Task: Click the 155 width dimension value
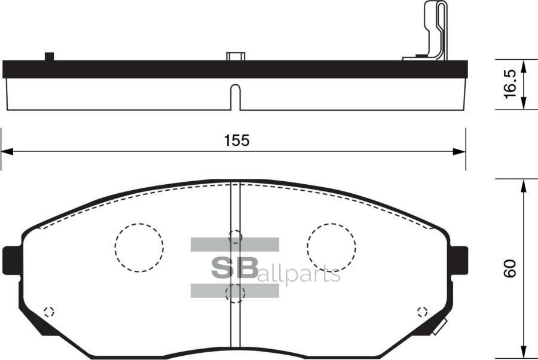[x=236, y=141]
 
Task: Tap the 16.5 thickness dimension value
[x=509, y=84]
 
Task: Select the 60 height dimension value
[x=509, y=269]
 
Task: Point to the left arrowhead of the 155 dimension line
[x=6, y=152]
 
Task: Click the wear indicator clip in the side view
[x=434, y=30]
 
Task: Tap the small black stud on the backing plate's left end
[x=49, y=56]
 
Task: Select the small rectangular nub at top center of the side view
[x=236, y=56]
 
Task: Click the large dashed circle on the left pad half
[x=139, y=248]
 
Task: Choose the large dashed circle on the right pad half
[x=331, y=248]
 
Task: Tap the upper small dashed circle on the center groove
[x=236, y=236]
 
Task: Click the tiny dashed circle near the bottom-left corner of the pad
[x=49, y=311]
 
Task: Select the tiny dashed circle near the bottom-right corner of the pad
[x=422, y=311]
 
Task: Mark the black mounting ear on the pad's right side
[x=459, y=261]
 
